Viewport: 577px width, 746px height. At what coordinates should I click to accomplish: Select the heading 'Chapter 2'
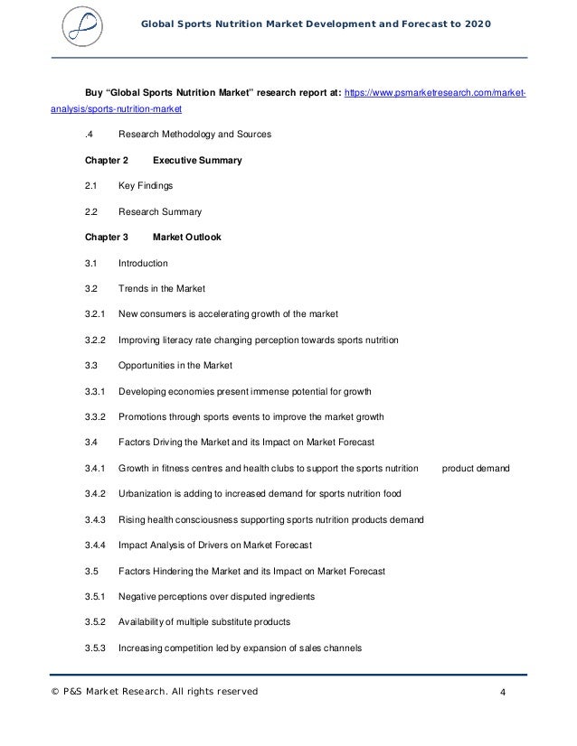point(107,161)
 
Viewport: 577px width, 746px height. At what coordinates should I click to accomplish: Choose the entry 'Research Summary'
point(160,212)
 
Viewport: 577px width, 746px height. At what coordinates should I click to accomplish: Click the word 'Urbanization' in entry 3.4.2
point(147,494)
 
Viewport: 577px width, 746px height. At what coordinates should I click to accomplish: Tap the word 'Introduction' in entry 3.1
point(143,263)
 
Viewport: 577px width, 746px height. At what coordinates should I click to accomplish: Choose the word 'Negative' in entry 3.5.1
point(138,597)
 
